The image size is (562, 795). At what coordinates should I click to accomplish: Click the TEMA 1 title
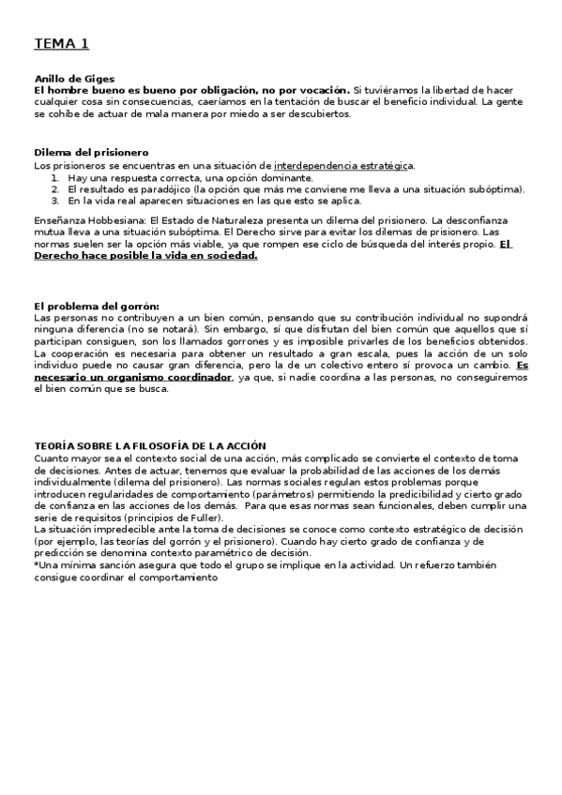click(62, 43)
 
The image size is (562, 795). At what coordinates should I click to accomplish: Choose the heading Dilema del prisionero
click(91, 153)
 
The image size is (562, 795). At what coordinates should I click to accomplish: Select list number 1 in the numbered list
click(55, 177)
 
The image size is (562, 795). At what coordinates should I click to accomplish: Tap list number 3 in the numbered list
click(55, 200)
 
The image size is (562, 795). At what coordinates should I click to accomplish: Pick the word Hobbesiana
click(108, 219)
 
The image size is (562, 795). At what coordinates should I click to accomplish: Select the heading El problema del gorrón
click(97, 306)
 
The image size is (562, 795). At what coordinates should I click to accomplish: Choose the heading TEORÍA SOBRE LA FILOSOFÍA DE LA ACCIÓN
click(150, 445)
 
